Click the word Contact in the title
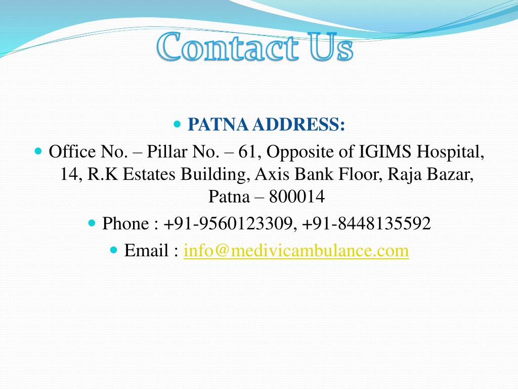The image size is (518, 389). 228,47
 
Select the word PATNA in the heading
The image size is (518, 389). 218,125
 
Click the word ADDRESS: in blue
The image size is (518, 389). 298,125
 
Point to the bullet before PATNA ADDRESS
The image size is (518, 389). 177,125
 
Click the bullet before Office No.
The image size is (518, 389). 38,151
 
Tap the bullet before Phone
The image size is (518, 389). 92,223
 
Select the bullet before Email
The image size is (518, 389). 114,250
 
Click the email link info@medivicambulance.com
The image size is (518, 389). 296,250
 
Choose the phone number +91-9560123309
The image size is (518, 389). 228,223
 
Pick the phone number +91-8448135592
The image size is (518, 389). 366,223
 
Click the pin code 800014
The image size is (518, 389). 297,197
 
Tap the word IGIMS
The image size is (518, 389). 385,152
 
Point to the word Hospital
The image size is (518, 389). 450,152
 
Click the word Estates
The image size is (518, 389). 149,174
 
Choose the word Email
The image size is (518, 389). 146,250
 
